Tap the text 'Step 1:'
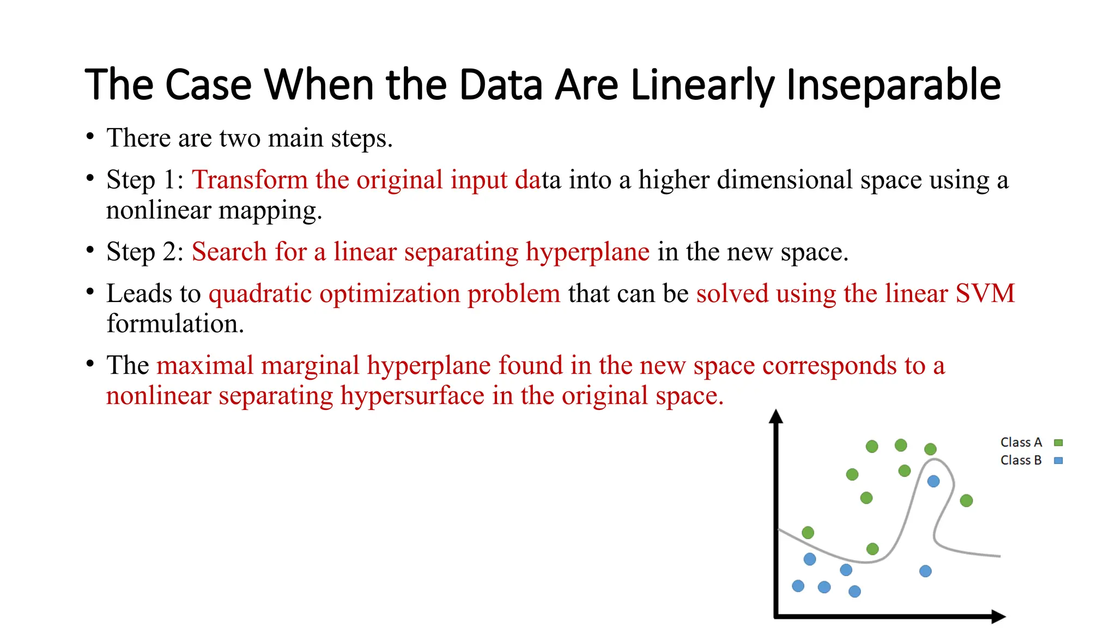coord(145,180)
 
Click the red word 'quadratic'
coord(260,293)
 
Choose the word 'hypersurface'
coord(412,396)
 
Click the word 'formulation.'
coord(175,324)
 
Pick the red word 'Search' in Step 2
coord(229,252)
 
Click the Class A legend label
coord(1021,442)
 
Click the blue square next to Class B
coord(1058,461)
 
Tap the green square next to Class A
coord(1058,443)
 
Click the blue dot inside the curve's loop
coord(933,481)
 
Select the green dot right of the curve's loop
coord(966,500)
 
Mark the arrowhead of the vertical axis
coord(776,416)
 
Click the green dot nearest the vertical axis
coord(808,533)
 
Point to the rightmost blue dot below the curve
coord(925,571)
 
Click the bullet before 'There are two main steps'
coord(90,136)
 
